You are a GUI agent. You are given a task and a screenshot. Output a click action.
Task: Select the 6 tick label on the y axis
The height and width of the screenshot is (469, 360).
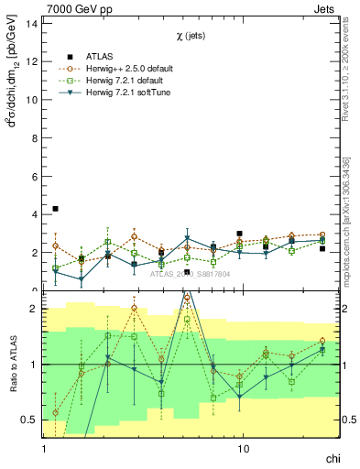coord(35,176)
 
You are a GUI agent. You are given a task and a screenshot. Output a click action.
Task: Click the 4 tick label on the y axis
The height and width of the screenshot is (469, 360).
coord(35,214)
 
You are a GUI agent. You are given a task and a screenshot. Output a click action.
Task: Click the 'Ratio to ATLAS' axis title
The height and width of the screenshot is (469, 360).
coord(11,364)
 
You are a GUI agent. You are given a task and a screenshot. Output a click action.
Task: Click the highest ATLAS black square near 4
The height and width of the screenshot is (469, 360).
coord(55,209)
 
